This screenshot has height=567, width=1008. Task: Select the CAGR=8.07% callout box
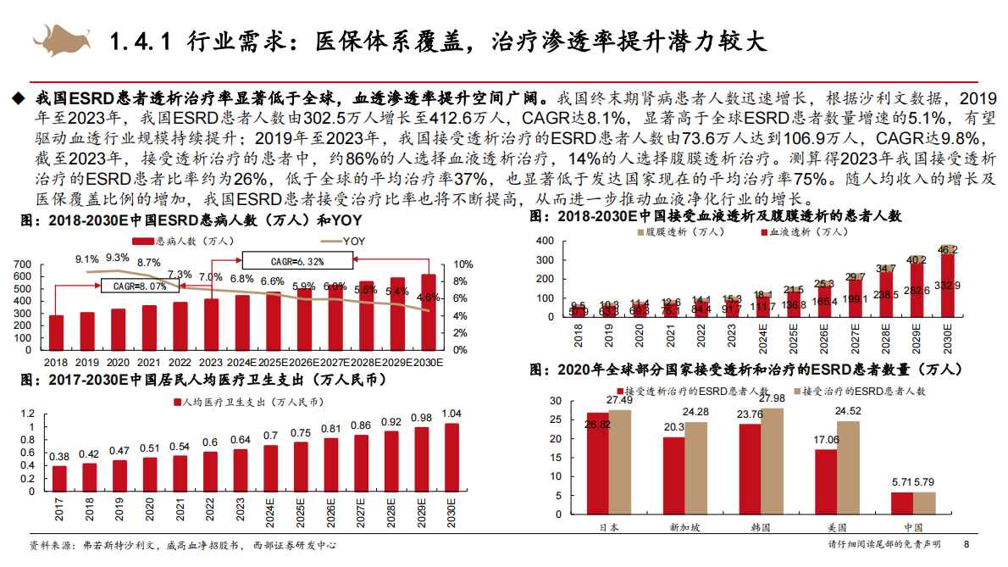[x=141, y=286]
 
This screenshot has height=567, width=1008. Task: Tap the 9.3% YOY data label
[x=118, y=258]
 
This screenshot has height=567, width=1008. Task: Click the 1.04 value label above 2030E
[x=451, y=414]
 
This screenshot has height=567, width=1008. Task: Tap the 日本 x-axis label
[x=609, y=527]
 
